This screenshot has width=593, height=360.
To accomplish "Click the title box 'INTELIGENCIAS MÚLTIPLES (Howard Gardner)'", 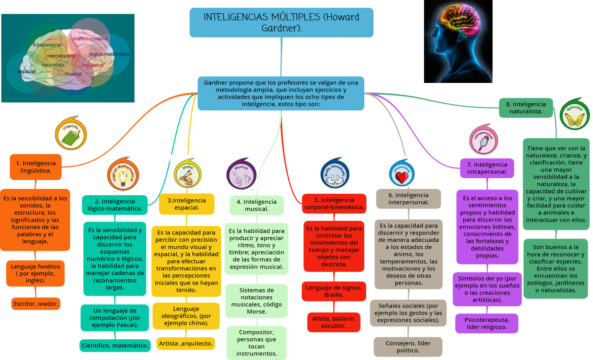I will click(281, 23).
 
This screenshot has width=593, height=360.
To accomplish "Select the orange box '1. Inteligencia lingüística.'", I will click(36, 167).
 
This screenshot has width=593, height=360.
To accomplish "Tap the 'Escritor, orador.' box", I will click(36, 304).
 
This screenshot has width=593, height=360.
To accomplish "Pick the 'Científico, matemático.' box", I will click(115, 346).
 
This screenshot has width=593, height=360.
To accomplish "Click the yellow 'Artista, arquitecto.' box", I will click(186, 343).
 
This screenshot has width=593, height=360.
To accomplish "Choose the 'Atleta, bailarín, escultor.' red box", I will click(334, 322).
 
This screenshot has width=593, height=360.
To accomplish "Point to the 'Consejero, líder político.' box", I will click(408, 347).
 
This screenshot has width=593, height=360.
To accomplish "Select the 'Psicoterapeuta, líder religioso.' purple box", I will click(487, 323).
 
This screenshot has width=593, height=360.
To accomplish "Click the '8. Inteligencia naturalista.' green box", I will click(526, 108).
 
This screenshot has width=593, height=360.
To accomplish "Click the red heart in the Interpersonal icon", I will click(401, 177).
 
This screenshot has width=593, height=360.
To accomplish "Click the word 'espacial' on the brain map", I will click(27, 71).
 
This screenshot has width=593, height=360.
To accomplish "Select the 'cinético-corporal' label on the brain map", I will click(90, 39).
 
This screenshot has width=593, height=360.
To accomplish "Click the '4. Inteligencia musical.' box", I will click(256, 205).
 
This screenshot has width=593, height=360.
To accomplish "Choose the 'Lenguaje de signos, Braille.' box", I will click(334, 291).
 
